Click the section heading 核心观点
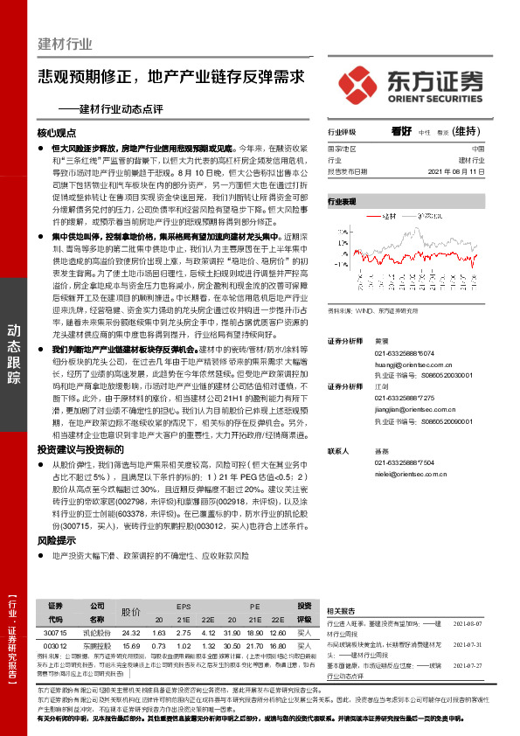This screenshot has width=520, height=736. coord(57,135)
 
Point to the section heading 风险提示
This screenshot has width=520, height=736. coord(57,541)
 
